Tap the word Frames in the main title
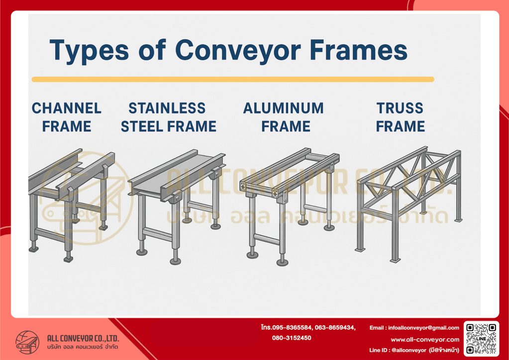358,50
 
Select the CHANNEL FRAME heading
67,118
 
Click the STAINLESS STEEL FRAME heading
168,118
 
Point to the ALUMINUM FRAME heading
284,118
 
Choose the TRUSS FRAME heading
400,118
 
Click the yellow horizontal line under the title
233,79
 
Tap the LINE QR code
481,339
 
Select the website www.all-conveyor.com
425,340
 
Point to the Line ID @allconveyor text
414,350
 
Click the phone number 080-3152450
292,338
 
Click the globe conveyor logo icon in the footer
27,342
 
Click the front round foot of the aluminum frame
282,262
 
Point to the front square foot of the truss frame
395,260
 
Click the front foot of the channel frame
68,259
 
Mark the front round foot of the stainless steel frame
175,261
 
